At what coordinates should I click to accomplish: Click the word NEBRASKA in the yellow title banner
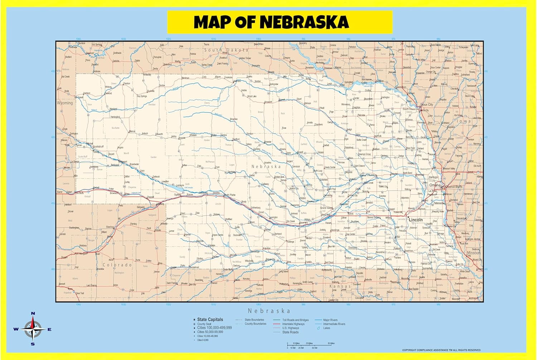(304, 22)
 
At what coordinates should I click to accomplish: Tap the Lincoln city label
(416, 220)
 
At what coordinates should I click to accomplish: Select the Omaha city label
(435, 185)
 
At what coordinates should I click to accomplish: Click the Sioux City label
(427, 105)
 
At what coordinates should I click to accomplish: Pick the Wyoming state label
(65, 103)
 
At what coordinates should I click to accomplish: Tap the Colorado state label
(117, 265)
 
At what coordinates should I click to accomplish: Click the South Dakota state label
(226, 50)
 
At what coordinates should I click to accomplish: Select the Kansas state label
(340, 287)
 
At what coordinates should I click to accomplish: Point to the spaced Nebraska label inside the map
(266, 167)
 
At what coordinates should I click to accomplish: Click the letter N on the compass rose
(33, 313)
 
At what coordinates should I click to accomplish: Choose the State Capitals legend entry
(210, 320)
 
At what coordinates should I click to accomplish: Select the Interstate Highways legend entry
(293, 324)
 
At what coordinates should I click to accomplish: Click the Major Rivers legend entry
(330, 320)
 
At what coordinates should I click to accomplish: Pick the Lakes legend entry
(326, 328)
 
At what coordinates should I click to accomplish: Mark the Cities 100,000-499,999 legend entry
(214, 328)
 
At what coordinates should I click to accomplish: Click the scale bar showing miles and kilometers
(311, 346)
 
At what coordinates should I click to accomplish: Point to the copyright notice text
(441, 350)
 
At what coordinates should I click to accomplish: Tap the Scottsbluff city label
(98, 147)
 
